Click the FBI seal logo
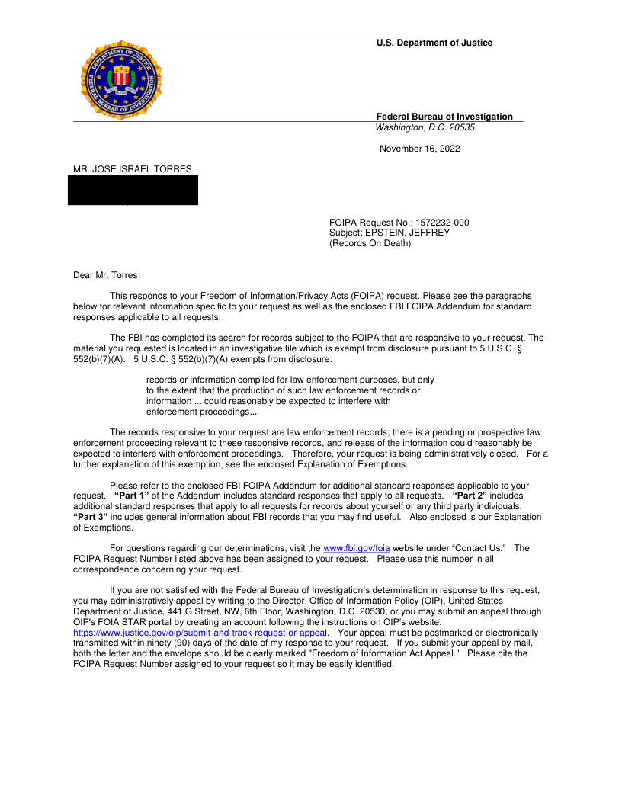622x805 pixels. pos(122,81)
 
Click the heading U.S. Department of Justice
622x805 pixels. pos(434,43)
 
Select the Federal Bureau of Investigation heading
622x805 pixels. pos(444,117)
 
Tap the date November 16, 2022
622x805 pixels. pos(420,149)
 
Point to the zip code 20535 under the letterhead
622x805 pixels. pos(460,127)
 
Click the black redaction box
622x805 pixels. pos(133,190)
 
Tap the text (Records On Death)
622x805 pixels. pos(370,243)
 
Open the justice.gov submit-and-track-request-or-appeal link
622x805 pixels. pos(200,633)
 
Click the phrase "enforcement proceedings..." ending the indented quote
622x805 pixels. pos(201,412)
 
